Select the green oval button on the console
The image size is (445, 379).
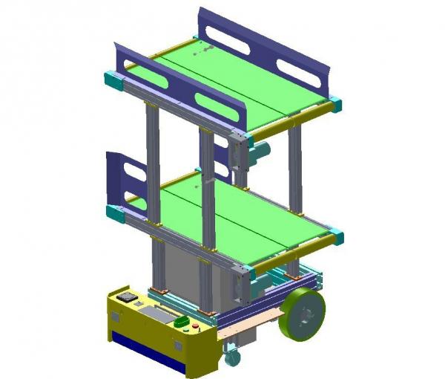[182, 323]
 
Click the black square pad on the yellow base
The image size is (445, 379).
[126, 296]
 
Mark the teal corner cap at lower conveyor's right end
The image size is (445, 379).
[336, 237]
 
